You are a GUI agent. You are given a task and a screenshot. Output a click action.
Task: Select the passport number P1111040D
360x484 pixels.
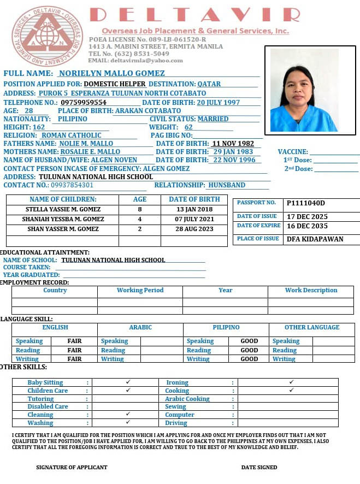click(306, 203)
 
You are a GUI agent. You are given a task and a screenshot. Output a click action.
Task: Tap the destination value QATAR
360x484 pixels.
click(209, 84)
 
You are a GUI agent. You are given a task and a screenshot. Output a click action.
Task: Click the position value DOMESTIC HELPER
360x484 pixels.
click(115, 84)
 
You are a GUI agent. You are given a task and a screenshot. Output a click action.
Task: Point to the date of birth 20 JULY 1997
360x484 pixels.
click(218, 103)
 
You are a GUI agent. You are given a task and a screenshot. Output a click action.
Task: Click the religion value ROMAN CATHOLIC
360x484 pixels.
click(72, 135)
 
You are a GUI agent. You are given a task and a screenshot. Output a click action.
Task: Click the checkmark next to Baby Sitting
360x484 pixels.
click(128, 382)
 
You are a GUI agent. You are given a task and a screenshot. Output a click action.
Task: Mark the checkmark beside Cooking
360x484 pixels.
click(291, 390)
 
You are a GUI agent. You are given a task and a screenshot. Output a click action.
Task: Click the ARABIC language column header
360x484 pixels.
click(140, 327)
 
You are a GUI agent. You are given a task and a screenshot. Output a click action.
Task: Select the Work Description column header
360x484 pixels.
click(311, 290)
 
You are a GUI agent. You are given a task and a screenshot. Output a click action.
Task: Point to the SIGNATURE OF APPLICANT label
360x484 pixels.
click(72, 467)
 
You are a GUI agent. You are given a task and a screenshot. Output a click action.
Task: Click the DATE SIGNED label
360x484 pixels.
click(259, 467)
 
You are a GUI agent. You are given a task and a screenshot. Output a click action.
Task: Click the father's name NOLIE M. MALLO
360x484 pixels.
click(86, 144)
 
